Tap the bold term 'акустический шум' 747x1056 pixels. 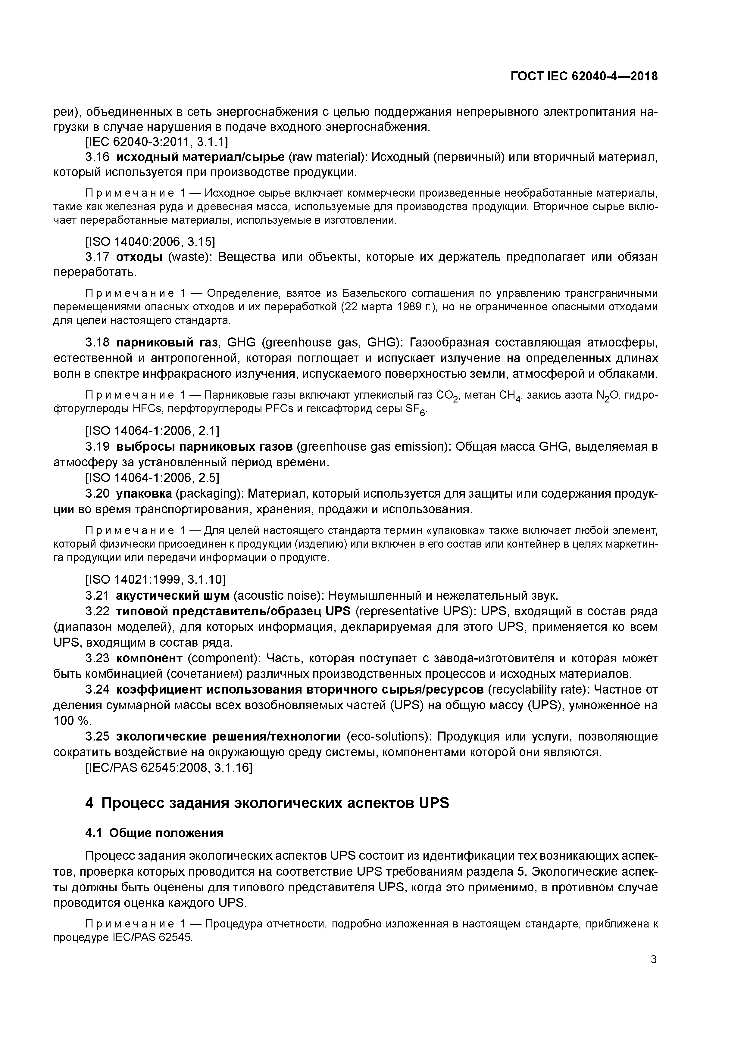[172, 596]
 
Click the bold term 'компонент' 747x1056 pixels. [149, 658]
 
